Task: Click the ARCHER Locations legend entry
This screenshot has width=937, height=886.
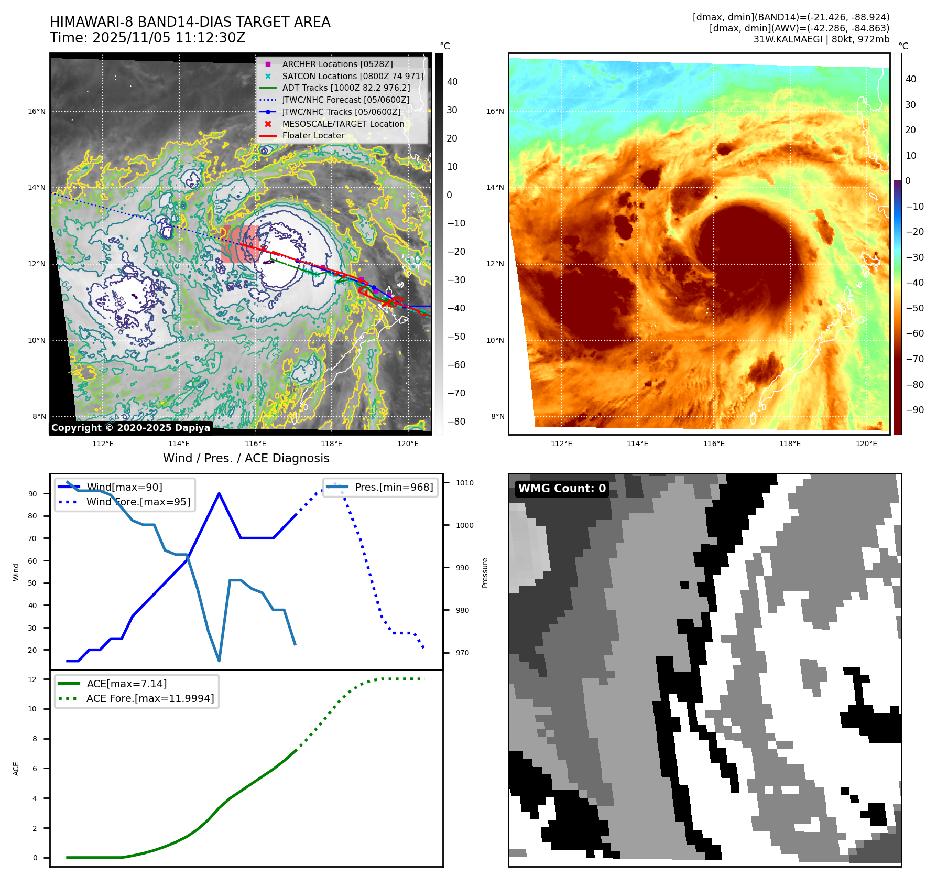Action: tap(337, 64)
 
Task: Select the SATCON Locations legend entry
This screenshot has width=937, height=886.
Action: tap(353, 76)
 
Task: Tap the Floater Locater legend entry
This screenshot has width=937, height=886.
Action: tap(313, 135)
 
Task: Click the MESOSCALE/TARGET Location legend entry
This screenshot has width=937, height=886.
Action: tap(343, 124)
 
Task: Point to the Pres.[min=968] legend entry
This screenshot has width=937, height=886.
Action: tap(394, 487)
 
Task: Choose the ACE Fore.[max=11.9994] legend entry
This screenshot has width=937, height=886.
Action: tap(150, 698)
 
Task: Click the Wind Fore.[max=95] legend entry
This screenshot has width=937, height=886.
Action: tap(138, 502)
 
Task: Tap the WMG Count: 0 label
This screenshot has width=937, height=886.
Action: tap(562, 489)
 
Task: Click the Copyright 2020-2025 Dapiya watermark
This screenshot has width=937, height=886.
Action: tap(130, 428)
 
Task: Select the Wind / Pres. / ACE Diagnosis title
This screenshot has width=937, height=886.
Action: tap(246, 458)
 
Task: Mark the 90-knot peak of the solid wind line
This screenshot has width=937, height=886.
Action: tap(219, 493)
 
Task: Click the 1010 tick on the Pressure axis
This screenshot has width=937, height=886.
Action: tap(464, 483)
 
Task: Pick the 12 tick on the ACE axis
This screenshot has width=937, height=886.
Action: tap(32, 679)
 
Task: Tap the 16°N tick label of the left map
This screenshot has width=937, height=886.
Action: tap(37, 111)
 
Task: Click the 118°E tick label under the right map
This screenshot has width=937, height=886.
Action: tap(790, 444)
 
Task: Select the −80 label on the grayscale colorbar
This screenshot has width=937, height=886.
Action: tap(456, 422)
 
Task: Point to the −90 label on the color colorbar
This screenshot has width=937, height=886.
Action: tap(914, 410)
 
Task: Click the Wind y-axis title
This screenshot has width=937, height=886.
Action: tap(16, 572)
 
